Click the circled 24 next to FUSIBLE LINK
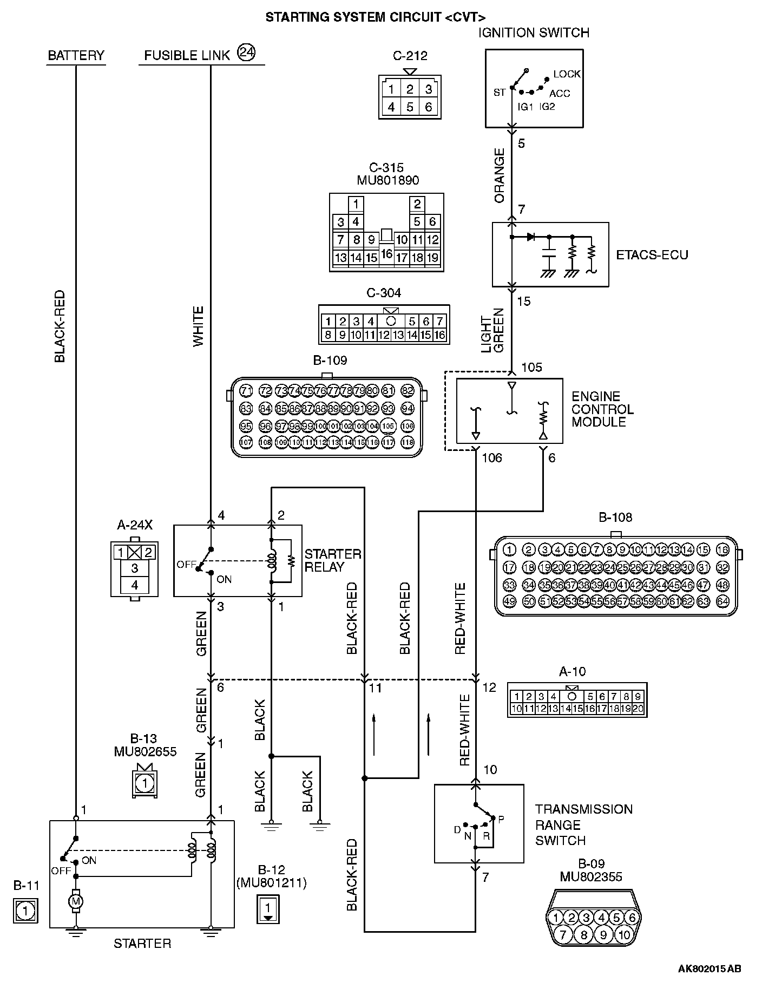246,53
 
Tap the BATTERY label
76,55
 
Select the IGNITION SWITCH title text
534,32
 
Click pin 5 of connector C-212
410,107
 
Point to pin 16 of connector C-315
386,253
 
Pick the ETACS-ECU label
652,254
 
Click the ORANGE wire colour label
499,175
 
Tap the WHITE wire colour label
199,326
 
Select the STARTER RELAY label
332,560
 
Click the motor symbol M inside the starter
76,901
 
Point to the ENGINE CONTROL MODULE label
602,409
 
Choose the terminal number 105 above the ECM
531,368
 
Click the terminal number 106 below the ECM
492,458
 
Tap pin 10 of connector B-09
624,935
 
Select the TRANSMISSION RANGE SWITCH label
583,824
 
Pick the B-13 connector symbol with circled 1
144,783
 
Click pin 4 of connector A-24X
134,585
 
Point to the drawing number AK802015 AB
710,968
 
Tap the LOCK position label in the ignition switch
567,74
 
